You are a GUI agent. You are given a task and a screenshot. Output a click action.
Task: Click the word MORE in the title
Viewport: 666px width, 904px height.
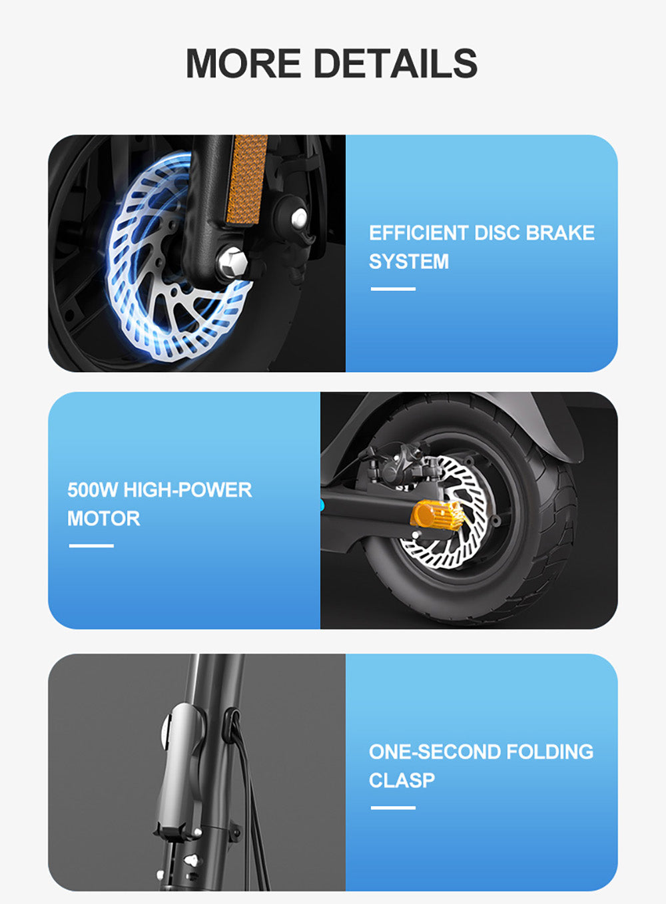[x=243, y=64]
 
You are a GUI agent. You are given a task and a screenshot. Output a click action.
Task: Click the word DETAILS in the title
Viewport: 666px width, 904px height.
[x=394, y=64]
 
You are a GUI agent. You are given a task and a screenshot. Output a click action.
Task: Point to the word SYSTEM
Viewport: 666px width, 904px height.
[x=409, y=262]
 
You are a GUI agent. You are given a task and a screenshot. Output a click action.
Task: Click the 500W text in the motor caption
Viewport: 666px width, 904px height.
[x=92, y=490]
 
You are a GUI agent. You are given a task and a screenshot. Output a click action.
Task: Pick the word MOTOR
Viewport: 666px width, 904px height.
[x=103, y=519]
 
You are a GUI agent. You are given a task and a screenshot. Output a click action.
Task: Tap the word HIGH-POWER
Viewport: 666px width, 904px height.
[x=188, y=490]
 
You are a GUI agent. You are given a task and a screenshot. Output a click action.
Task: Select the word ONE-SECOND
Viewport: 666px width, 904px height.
[x=434, y=752]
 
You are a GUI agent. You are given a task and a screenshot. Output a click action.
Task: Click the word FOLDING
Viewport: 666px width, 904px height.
[x=549, y=752]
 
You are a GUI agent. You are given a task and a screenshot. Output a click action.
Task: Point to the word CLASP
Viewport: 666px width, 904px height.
[x=402, y=780]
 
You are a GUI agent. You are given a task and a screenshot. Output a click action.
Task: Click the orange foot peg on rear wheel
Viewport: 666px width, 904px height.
[x=436, y=517]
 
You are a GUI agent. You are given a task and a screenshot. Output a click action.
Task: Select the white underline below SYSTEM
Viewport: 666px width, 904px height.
[x=393, y=289]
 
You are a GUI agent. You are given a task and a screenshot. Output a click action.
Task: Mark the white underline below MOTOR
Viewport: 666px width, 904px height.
[x=91, y=546]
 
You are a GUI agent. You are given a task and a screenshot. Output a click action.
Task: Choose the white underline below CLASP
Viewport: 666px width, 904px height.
[x=393, y=807]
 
